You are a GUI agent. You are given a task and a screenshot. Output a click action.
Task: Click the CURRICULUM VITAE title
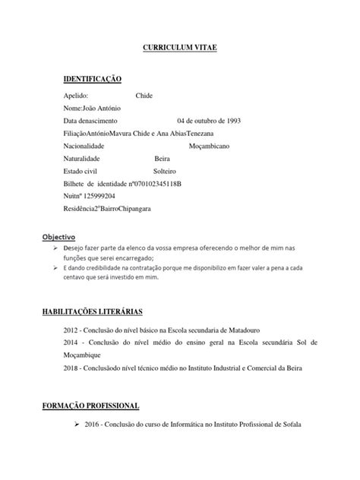coord(180,47)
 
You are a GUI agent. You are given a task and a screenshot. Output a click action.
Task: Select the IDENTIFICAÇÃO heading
coord(93,78)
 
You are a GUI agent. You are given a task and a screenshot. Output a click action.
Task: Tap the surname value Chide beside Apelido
coord(144,96)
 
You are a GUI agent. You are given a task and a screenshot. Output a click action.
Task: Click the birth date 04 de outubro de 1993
coord(209,121)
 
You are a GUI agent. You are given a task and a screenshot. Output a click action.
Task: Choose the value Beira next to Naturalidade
coord(162,158)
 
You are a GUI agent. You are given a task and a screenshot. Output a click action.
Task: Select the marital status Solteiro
coord(165,171)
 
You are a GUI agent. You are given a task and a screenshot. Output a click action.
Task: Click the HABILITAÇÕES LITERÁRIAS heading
coord(114,311)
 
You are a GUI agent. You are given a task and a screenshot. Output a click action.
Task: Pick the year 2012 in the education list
coord(71,332)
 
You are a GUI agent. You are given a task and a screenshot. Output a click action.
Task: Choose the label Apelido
coord(76,96)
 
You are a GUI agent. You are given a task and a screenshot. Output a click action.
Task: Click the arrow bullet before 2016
coord(76,425)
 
